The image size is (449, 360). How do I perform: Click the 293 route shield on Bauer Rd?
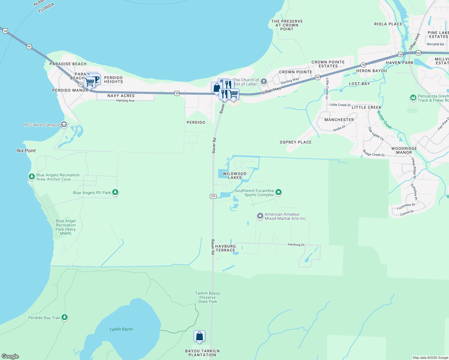pyautogui.click(x=213, y=196)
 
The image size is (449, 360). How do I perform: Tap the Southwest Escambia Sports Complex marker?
pyautogui.click(x=279, y=192)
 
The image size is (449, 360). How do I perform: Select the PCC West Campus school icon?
pyautogui.click(x=64, y=124)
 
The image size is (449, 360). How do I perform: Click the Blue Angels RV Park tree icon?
pyautogui.click(x=115, y=192)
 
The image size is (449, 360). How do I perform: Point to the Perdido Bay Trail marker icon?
pyautogui.click(x=65, y=317)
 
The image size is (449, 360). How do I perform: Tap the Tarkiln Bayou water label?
pyautogui.click(x=121, y=329)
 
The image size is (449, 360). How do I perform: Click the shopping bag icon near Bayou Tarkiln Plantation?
pyautogui.click(x=199, y=337)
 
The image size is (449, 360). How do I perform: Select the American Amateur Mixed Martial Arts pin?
pyautogui.click(x=260, y=216)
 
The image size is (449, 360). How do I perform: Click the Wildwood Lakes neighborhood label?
pyautogui.click(x=234, y=175)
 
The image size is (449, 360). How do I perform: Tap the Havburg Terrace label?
pyautogui.click(x=225, y=248)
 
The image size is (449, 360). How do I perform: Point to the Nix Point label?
pyautogui.click(x=26, y=151)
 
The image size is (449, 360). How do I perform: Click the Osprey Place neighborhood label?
pyautogui.click(x=296, y=142)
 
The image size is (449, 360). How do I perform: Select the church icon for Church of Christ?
pyautogui.click(x=264, y=82)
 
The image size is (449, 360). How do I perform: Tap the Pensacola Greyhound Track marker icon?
pyautogui.click(x=413, y=98)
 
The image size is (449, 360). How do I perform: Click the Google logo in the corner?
pyautogui.click(x=10, y=356)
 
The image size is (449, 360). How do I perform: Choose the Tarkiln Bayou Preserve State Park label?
pyautogui.click(x=208, y=297)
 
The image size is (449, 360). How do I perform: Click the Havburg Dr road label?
pyautogui.click(x=296, y=244)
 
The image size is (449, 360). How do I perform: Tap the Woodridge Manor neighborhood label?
pyautogui.click(x=404, y=150)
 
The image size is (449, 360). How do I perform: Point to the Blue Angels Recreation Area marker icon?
pyautogui.click(x=32, y=176)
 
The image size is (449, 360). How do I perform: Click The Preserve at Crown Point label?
pyautogui.click(x=287, y=25)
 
